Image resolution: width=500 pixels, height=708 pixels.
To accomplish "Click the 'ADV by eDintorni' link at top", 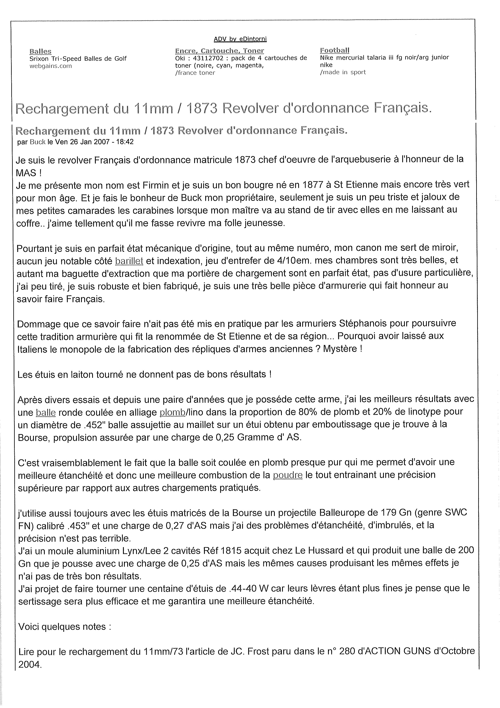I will click(240, 39).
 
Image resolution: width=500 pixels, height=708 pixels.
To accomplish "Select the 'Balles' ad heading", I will click(40, 51).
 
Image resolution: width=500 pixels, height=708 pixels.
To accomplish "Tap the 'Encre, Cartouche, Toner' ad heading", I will click(219, 51).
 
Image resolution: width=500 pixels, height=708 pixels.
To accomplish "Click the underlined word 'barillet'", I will click(129, 261).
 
